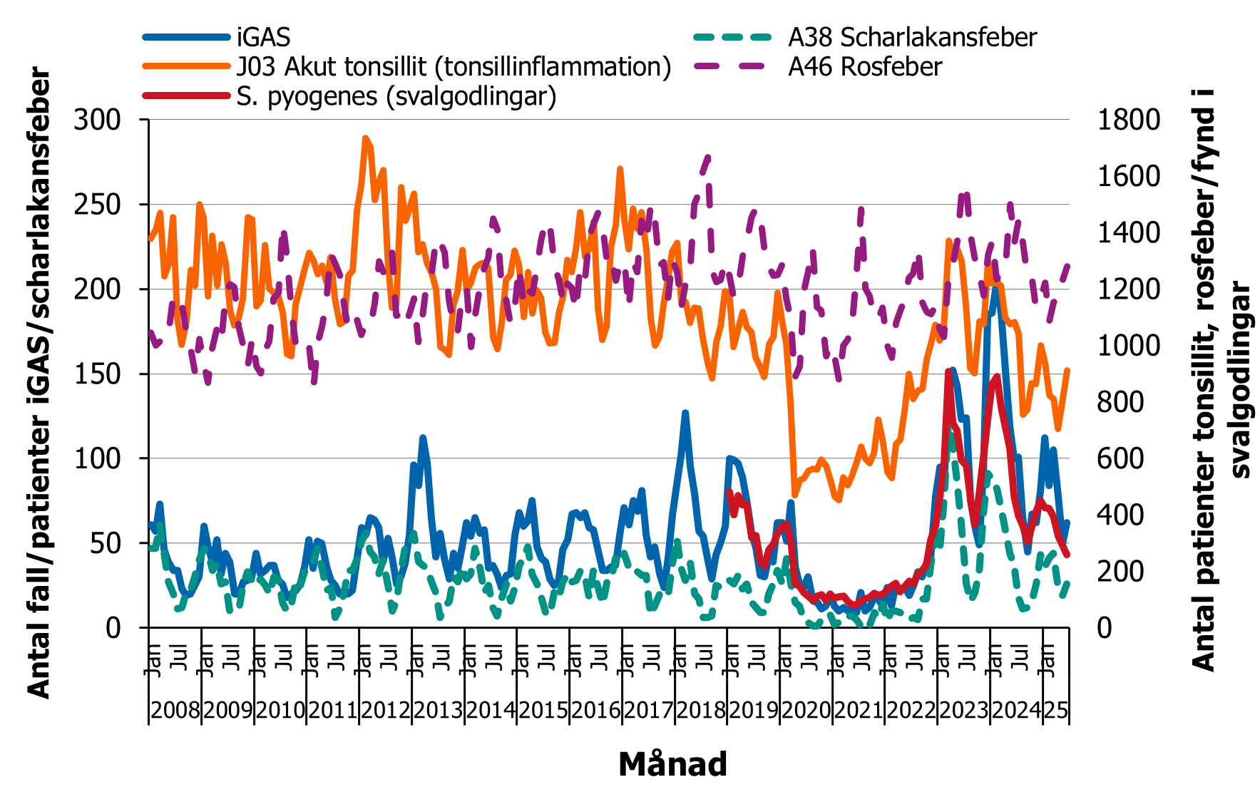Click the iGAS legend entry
tap(263, 37)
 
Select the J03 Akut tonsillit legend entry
tap(454, 66)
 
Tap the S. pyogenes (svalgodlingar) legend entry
tap(396, 96)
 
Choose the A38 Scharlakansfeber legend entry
tap(912, 37)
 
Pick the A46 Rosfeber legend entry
tap(864, 66)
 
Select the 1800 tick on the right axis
tap(1128, 120)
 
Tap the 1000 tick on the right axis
tap(1128, 345)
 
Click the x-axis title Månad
tap(672, 764)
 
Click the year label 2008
tap(175, 711)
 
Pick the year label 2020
tap(806, 711)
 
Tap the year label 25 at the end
tap(1056, 711)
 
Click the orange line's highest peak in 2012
tap(365, 138)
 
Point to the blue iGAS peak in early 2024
tap(995, 287)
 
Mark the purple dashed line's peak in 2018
tap(707, 156)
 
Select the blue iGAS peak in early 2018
tap(685, 413)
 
